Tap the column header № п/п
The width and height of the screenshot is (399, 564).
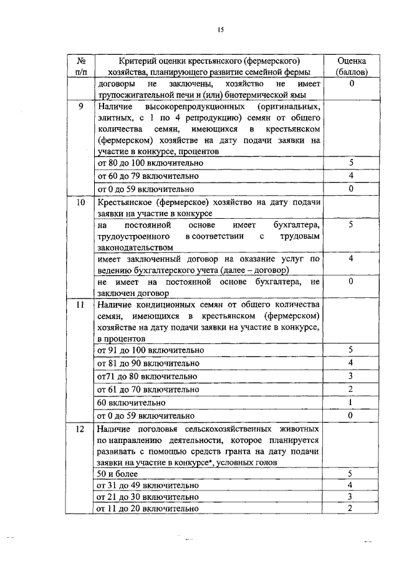click(80, 66)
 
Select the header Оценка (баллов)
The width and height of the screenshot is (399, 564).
click(351, 66)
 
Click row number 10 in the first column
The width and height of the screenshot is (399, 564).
click(80, 203)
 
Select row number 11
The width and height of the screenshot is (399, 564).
click(80, 305)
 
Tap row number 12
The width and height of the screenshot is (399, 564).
click(80, 429)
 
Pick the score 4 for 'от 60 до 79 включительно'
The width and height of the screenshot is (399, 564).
click(351, 176)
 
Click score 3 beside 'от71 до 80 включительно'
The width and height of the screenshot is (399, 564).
click(351, 376)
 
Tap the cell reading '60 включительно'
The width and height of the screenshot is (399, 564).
click(123, 403)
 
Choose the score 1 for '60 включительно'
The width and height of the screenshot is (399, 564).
click(351, 402)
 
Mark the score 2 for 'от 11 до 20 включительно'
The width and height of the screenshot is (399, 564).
click(351, 509)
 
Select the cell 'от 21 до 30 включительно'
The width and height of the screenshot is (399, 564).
click(148, 497)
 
